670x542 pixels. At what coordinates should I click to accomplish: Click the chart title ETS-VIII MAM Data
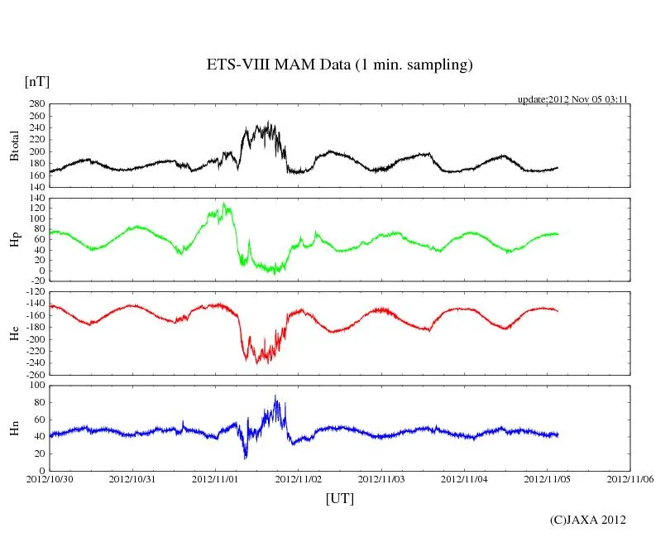click(339, 65)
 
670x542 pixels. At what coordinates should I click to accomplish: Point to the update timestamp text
click(573, 99)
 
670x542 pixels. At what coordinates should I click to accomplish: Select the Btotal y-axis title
click(14, 146)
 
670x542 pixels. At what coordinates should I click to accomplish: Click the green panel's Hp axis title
click(14, 240)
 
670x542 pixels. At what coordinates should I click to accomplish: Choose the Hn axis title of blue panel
click(14, 428)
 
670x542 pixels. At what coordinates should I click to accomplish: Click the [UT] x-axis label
click(339, 498)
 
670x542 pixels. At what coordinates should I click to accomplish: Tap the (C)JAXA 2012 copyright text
click(588, 520)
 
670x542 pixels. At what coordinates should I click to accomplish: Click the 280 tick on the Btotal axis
click(37, 104)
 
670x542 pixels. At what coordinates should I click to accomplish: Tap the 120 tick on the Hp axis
click(37, 208)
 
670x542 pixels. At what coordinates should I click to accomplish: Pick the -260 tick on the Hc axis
click(35, 374)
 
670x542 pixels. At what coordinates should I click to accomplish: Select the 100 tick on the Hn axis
click(37, 386)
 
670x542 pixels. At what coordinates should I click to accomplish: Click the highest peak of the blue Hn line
click(276, 396)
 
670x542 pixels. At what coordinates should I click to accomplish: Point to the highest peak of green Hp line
click(223, 203)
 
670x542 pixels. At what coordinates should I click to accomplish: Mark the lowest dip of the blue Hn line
click(245, 458)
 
